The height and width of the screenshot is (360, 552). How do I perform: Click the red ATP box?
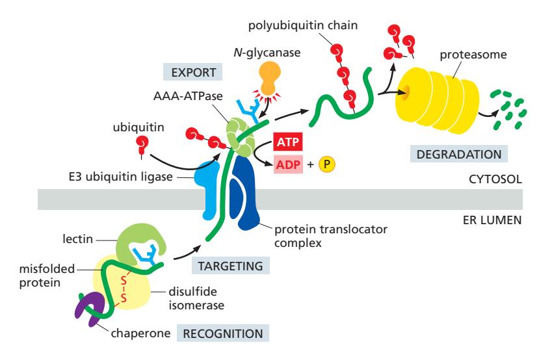(284, 142)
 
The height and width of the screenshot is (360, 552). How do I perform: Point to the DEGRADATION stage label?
(459, 155)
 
